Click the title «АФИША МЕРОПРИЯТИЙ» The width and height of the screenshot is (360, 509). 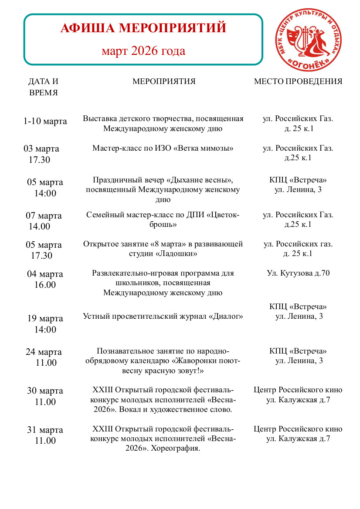143,28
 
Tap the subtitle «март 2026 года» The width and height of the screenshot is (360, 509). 143,51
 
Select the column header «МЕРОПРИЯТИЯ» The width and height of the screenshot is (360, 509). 164,81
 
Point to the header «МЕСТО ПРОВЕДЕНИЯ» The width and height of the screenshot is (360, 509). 298,81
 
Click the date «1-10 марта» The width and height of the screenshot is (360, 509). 45,121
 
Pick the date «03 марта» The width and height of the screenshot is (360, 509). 41,148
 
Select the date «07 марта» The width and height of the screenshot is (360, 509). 44,216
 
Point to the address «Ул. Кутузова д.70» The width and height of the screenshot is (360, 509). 298,274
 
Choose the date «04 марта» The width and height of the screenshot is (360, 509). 45,274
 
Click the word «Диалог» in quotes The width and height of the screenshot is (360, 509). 227,316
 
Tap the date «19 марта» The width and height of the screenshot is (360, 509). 45,318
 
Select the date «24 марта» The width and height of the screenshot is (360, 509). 44,352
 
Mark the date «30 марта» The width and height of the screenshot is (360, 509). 45,391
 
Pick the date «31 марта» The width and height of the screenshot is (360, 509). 45,430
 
